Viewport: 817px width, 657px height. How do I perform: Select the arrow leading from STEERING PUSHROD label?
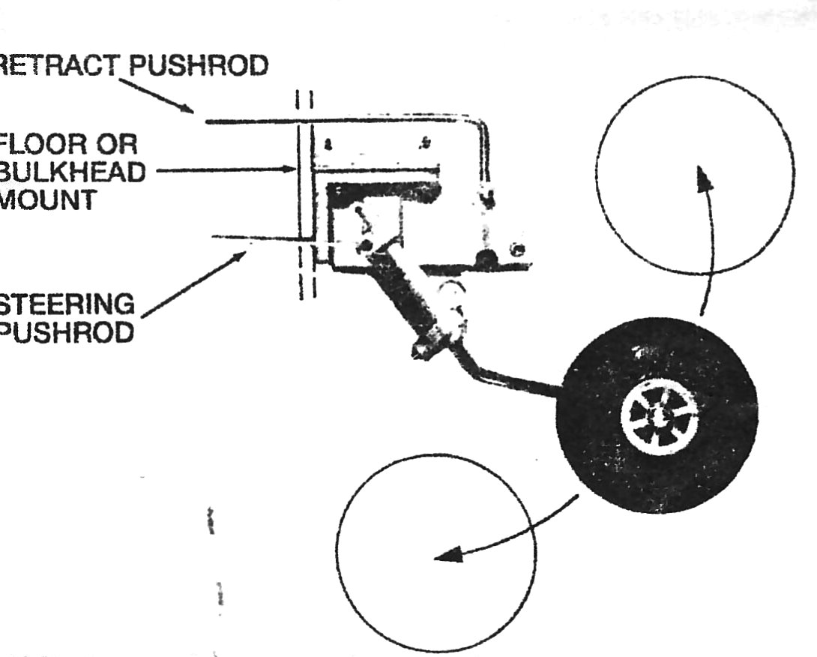(195, 283)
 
